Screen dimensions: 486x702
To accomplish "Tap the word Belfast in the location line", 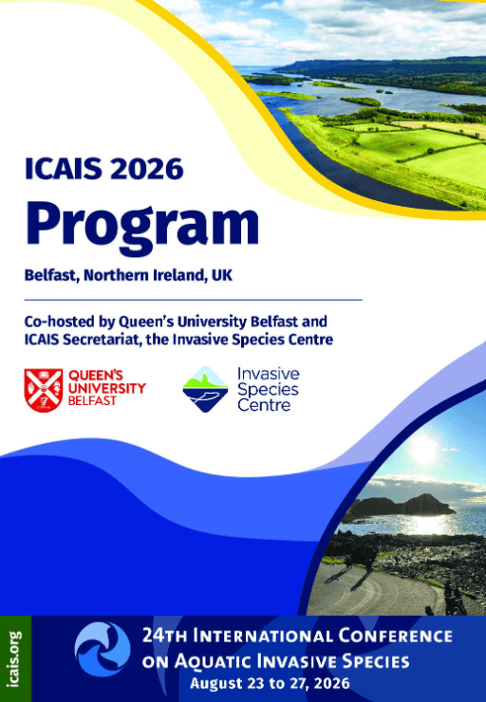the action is coord(51,275).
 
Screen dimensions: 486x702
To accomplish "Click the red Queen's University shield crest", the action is coord(44,390).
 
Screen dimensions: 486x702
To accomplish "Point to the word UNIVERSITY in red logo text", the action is coord(107,388).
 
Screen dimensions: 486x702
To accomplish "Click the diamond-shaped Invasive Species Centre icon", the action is coord(206,389).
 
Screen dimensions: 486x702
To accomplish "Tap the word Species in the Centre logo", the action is coord(268,390).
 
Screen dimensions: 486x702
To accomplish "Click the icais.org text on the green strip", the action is coord(15,658).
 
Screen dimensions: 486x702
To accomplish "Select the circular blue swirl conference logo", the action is coord(103,649).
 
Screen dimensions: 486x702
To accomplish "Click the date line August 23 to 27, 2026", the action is coord(270,684).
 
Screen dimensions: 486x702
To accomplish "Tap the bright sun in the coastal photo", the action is coord(422,449).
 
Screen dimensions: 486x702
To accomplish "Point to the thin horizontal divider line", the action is coord(193,300).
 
